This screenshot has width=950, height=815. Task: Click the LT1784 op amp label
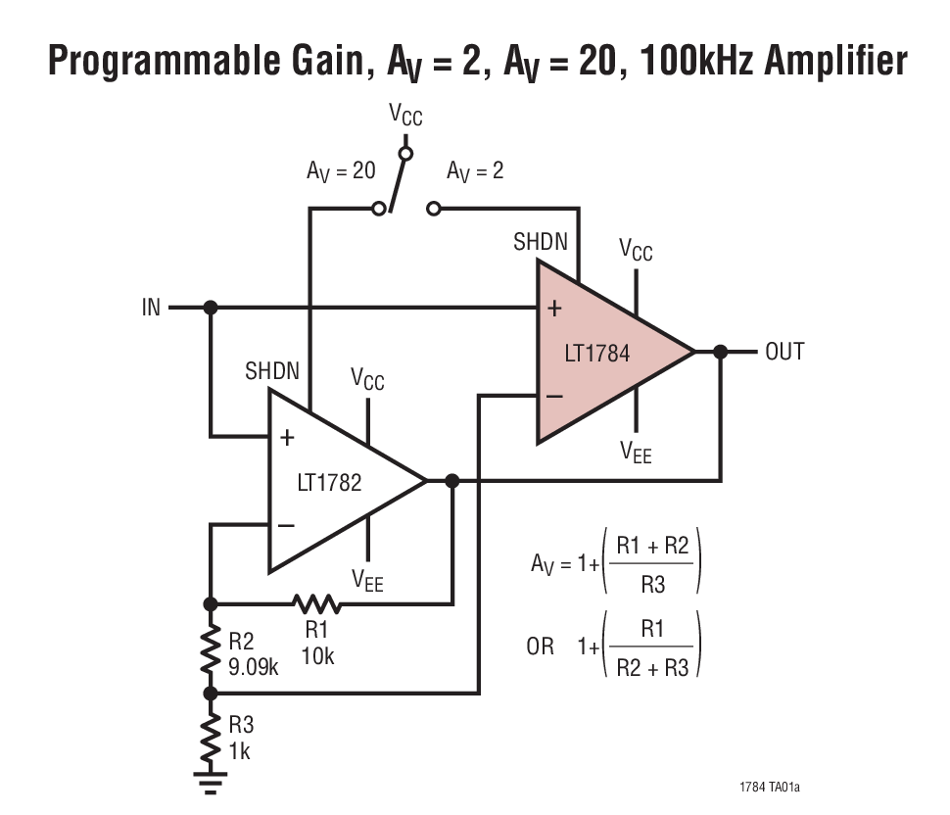click(596, 353)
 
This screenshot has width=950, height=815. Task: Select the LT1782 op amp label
click(329, 482)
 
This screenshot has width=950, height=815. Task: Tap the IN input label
click(151, 308)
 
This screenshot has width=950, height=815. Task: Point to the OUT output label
click(784, 352)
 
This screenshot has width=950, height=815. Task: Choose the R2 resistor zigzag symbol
click(209, 648)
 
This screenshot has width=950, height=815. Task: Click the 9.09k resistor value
click(254, 670)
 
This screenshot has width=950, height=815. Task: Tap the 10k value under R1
click(317, 655)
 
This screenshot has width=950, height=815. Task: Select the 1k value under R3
click(240, 752)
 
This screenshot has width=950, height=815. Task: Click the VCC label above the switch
click(405, 115)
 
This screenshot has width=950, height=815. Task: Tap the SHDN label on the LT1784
click(540, 242)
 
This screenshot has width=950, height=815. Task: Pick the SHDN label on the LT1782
click(272, 372)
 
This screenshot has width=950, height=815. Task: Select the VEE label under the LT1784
click(636, 453)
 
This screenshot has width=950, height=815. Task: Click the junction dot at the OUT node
click(721, 352)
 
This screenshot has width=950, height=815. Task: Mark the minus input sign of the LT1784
click(553, 396)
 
